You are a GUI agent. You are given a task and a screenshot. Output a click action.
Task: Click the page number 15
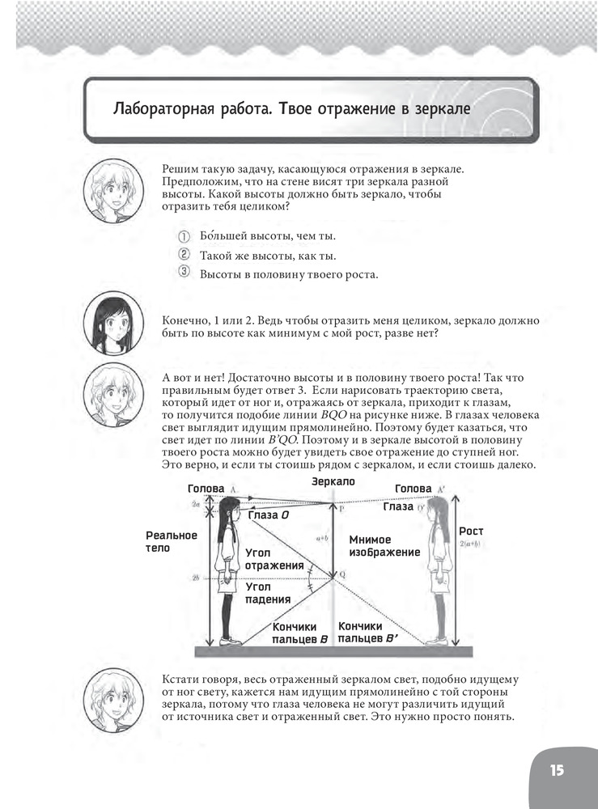pyautogui.click(x=556, y=770)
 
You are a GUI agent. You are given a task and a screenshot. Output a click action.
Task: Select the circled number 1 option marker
pyautogui.click(x=184, y=236)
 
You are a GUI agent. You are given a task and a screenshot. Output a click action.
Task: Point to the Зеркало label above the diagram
pyautogui.click(x=333, y=481)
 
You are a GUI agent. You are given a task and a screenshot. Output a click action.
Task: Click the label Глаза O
pyautogui.click(x=269, y=515)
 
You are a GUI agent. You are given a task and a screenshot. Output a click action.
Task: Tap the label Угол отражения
pyautogui.click(x=274, y=559)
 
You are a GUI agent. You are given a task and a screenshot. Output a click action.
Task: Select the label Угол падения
pyautogui.click(x=268, y=593)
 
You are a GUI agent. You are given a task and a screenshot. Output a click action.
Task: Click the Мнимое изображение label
pyautogui.click(x=384, y=546)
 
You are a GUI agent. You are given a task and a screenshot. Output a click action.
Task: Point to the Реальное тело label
pyautogui.click(x=172, y=541)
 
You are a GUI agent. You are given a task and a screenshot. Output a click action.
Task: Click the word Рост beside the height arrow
pyautogui.click(x=471, y=531)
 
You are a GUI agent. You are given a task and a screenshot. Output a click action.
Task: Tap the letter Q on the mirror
pyautogui.click(x=342, y=574)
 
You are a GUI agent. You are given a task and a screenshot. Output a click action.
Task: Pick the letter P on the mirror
pyautogui.click(x=341, y=508)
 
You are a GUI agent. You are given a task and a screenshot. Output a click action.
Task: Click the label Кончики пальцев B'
pyautogui.click(x=368, y=632)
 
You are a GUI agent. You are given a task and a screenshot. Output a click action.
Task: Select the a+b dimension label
pyautogui.click(x=322, y=538)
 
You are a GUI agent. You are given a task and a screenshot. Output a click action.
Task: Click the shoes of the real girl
pyautogui.click(x=231, y=641)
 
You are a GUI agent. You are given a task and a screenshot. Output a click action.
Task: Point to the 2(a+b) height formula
pyautogui.click(x=471, y=544)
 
